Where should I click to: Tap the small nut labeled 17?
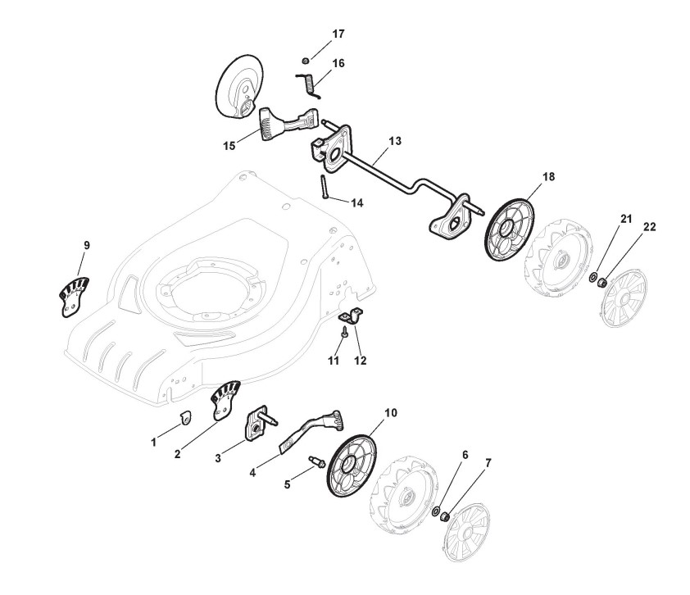(x=305, y=59)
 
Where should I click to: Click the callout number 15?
(x=229, y=145)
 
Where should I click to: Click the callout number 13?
(x=395, y=141)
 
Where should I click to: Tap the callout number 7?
(x=489, y=463)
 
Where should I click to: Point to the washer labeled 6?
(x=436, y=511)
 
